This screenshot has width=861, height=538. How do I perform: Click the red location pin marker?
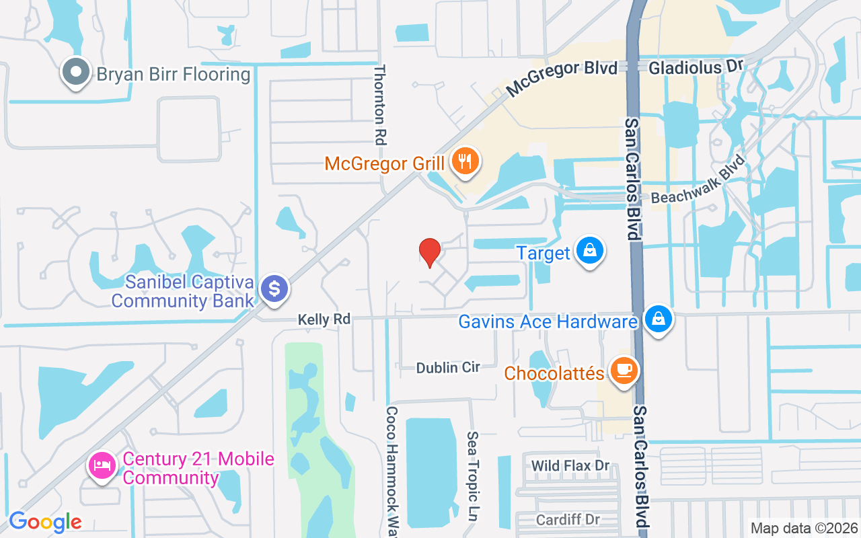click(429, 253)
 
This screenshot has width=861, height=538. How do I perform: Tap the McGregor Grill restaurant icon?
click(464, 161)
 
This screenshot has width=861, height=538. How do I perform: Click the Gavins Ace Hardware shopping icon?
click(659, 319)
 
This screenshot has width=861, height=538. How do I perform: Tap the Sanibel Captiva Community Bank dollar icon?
click(274, 289)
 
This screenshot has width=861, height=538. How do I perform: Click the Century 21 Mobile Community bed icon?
click(102, 465)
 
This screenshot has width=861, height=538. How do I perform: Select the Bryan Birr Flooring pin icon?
click(75, 72)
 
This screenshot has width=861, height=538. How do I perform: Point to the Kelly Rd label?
click(325, 319)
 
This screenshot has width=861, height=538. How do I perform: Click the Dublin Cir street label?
click(448, 367)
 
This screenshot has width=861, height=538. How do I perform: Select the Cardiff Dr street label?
click(568, 520)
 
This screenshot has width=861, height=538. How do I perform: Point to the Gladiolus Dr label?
click(696, 67)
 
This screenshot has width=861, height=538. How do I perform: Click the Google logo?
click(45, 521)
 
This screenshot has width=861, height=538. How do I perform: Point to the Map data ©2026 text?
click(804, 528)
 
